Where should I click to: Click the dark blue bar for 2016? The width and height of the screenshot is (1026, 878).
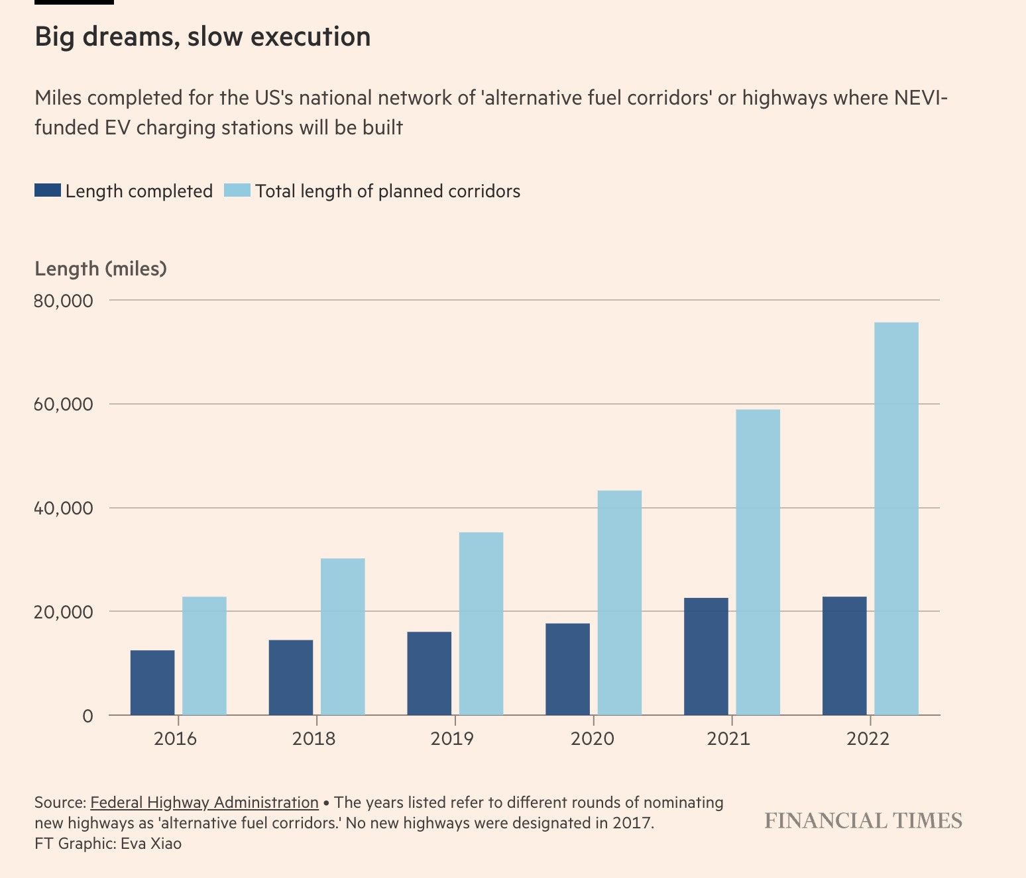coord(152,683)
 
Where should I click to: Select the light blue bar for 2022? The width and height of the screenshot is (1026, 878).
coord(896,518)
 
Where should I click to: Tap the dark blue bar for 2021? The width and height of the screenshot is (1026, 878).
coord(706,656)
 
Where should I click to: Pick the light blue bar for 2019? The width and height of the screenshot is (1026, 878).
coord(481,624)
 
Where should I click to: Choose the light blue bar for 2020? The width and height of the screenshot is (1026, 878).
coord(620,603)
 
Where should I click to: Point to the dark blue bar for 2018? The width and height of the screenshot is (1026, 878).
coord(291,677)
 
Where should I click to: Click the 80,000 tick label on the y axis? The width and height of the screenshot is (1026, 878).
coord(63,301)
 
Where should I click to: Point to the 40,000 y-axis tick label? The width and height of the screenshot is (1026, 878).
coord(63,509)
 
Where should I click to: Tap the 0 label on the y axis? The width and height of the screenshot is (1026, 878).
coord(87,716)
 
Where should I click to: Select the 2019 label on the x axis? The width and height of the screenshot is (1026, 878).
coord(452,738)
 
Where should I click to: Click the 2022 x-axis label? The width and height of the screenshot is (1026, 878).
coord(868,738)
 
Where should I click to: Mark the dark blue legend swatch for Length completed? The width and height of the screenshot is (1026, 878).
coord(48,191)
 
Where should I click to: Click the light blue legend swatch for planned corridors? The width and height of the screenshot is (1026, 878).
coord(237,191)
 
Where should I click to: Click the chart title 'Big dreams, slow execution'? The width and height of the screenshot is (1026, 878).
coord(202,37)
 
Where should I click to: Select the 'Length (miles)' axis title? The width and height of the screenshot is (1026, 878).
coord(101,269)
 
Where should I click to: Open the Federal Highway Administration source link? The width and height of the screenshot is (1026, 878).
coord(204,803)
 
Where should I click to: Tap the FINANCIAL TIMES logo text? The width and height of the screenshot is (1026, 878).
coord(863,821)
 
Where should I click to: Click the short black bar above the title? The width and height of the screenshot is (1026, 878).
coord(74,2)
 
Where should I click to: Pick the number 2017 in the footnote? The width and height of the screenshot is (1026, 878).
coord(634,823)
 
